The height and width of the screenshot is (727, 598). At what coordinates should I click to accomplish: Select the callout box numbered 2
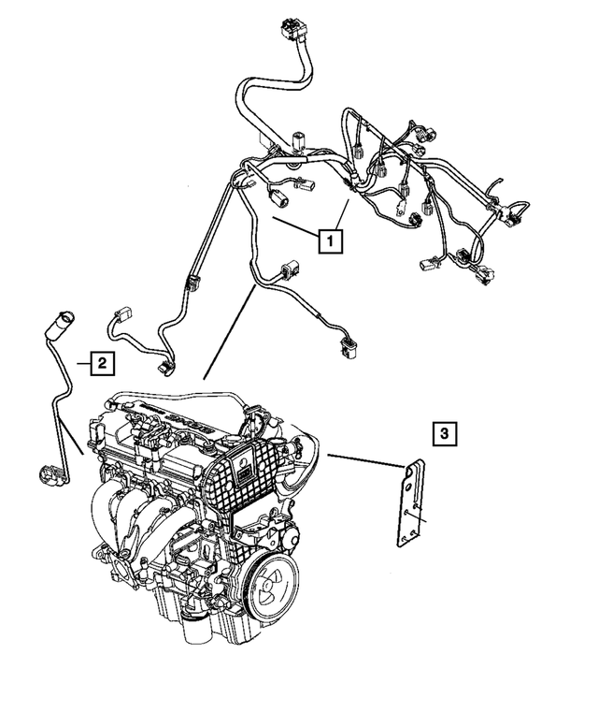[102, 362]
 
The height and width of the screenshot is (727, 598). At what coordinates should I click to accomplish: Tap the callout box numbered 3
[445, 432]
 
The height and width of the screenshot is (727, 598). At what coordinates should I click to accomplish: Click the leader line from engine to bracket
[363, 460]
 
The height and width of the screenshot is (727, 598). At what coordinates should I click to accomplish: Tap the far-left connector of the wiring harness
[122, 315]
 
